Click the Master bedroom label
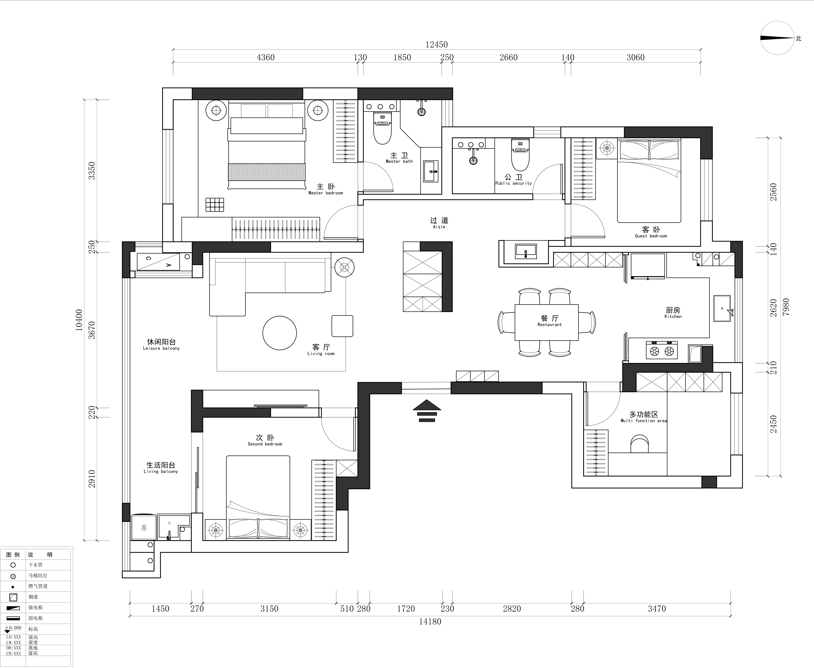pyautogui.click(x=326, y=189)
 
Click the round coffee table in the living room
pyautogui.click(x=279, y=333)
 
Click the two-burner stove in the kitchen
pyautogui.click(x=662, y=350)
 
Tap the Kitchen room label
pyautogui.click(x=673, y=312)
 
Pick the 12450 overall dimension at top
pyautogui.click(x=436, y=45)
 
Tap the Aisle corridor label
pyautogui.click(x=439, y=223)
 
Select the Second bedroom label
pyautogui.click(x=265, y=440)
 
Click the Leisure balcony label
pyautogui.click(x=162, y=344)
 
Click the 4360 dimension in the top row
pyautogui.click(x=266, y=57)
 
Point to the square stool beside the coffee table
pyautogui.click(x=342, y=326)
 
